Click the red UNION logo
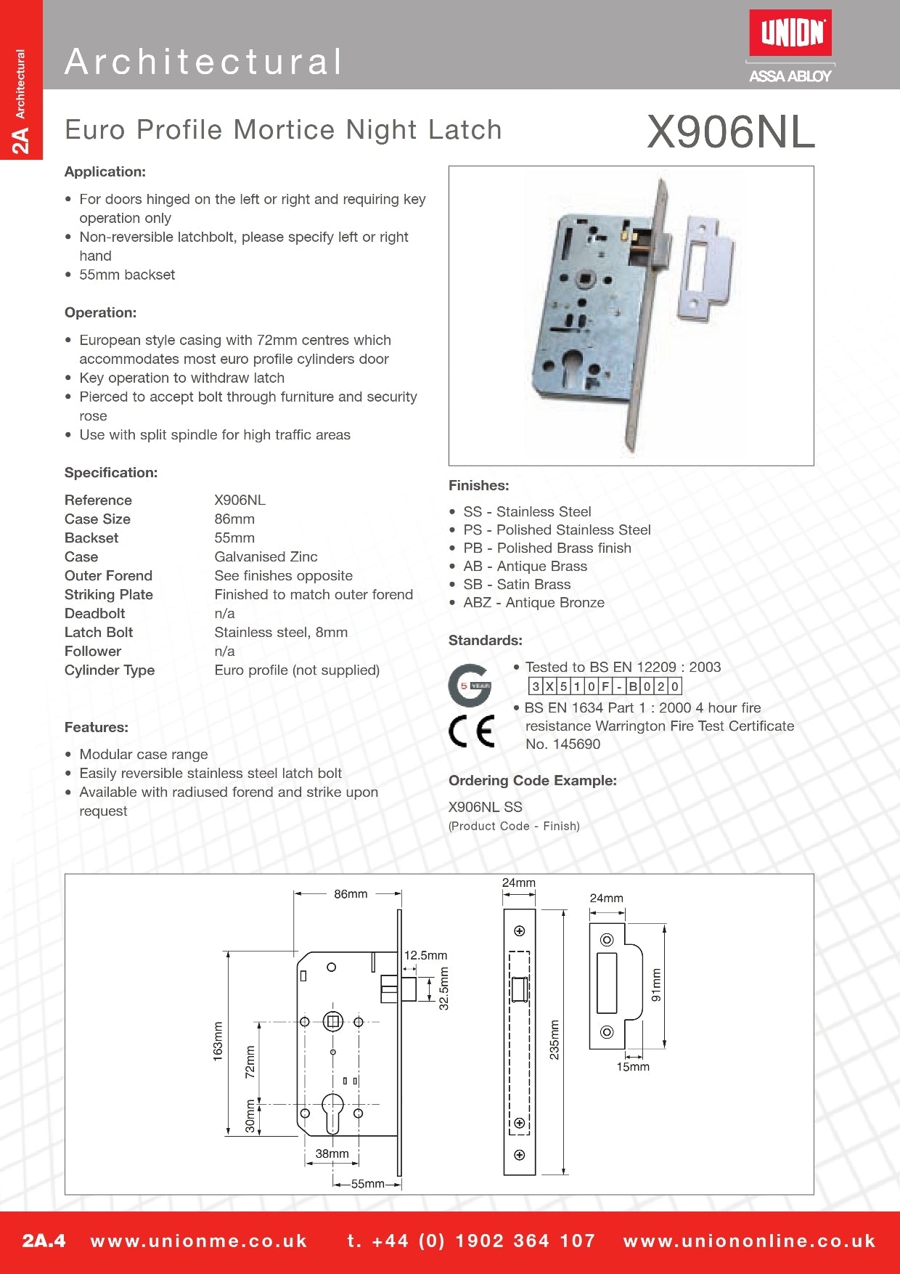point(790,33)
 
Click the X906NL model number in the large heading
point(730,132)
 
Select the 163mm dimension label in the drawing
point(218,1042)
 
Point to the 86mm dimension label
point(351,894)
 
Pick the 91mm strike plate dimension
point(656,985)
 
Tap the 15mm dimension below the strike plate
point(633,1067)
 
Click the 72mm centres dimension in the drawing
point(250,1061)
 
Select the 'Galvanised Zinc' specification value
point(266,557)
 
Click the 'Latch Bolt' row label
point(99,633)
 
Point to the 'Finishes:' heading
point(478,485)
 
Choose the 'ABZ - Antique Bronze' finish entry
point(533,603)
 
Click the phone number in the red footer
point(471,1241)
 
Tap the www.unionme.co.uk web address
point(199,1241)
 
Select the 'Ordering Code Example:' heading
point(532,781)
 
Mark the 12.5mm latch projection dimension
point(425,956)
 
